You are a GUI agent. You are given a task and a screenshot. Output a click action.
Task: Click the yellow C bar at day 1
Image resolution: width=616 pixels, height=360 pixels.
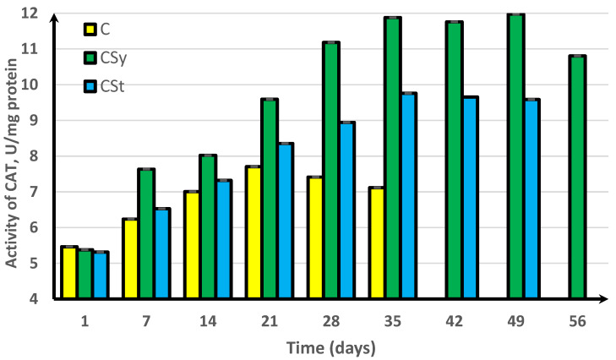click(x=69, y=272)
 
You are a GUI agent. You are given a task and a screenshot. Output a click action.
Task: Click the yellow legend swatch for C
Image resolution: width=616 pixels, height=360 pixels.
click(x=88, y=30)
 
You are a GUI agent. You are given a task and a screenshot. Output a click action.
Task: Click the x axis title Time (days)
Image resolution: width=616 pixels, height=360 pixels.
click(x=330, y=347)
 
